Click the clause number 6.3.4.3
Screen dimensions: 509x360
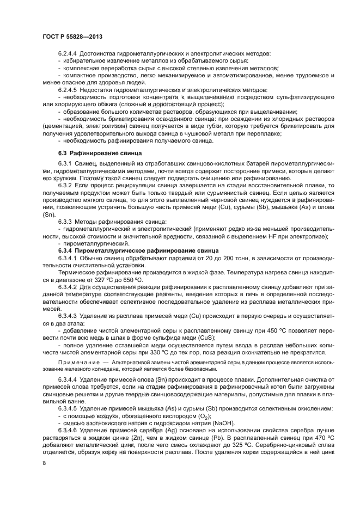coord(69,316)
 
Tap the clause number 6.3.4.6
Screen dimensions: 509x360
coord(69,415)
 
